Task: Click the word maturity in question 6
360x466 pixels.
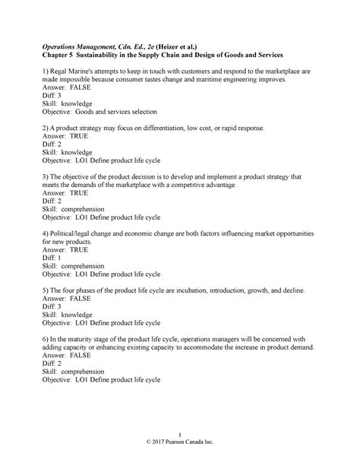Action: [x=94, y=340]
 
